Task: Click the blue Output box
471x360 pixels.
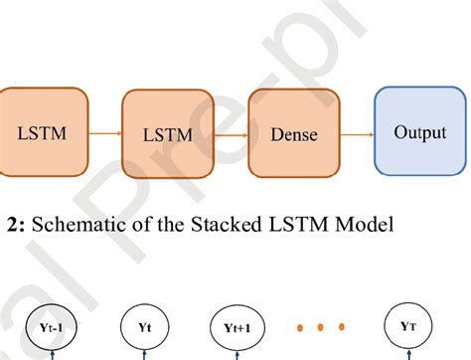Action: (x=419, y=131)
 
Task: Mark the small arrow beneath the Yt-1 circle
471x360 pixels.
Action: (x=52, y=354)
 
